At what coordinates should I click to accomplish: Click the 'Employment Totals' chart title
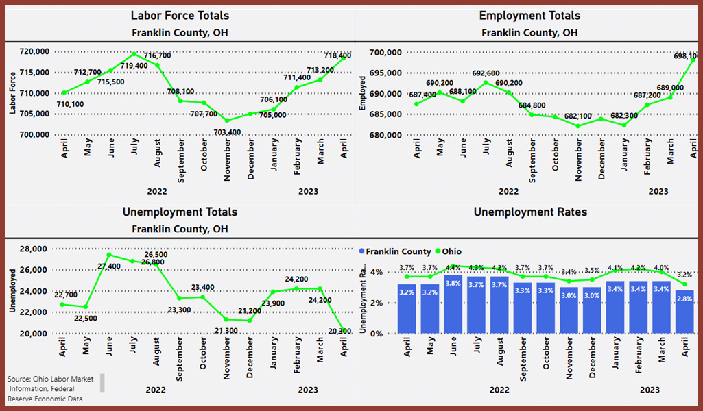coord(529,15)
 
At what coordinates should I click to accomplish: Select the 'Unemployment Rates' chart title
coord(529,212)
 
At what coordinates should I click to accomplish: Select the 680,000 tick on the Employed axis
coord(384,135)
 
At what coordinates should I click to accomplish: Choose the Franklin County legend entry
coord(396,251)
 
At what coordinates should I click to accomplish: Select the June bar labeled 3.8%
coord(453,304)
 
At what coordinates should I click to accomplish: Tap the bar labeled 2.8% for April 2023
coord(684,312)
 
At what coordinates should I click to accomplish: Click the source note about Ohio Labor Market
coord(51,388)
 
